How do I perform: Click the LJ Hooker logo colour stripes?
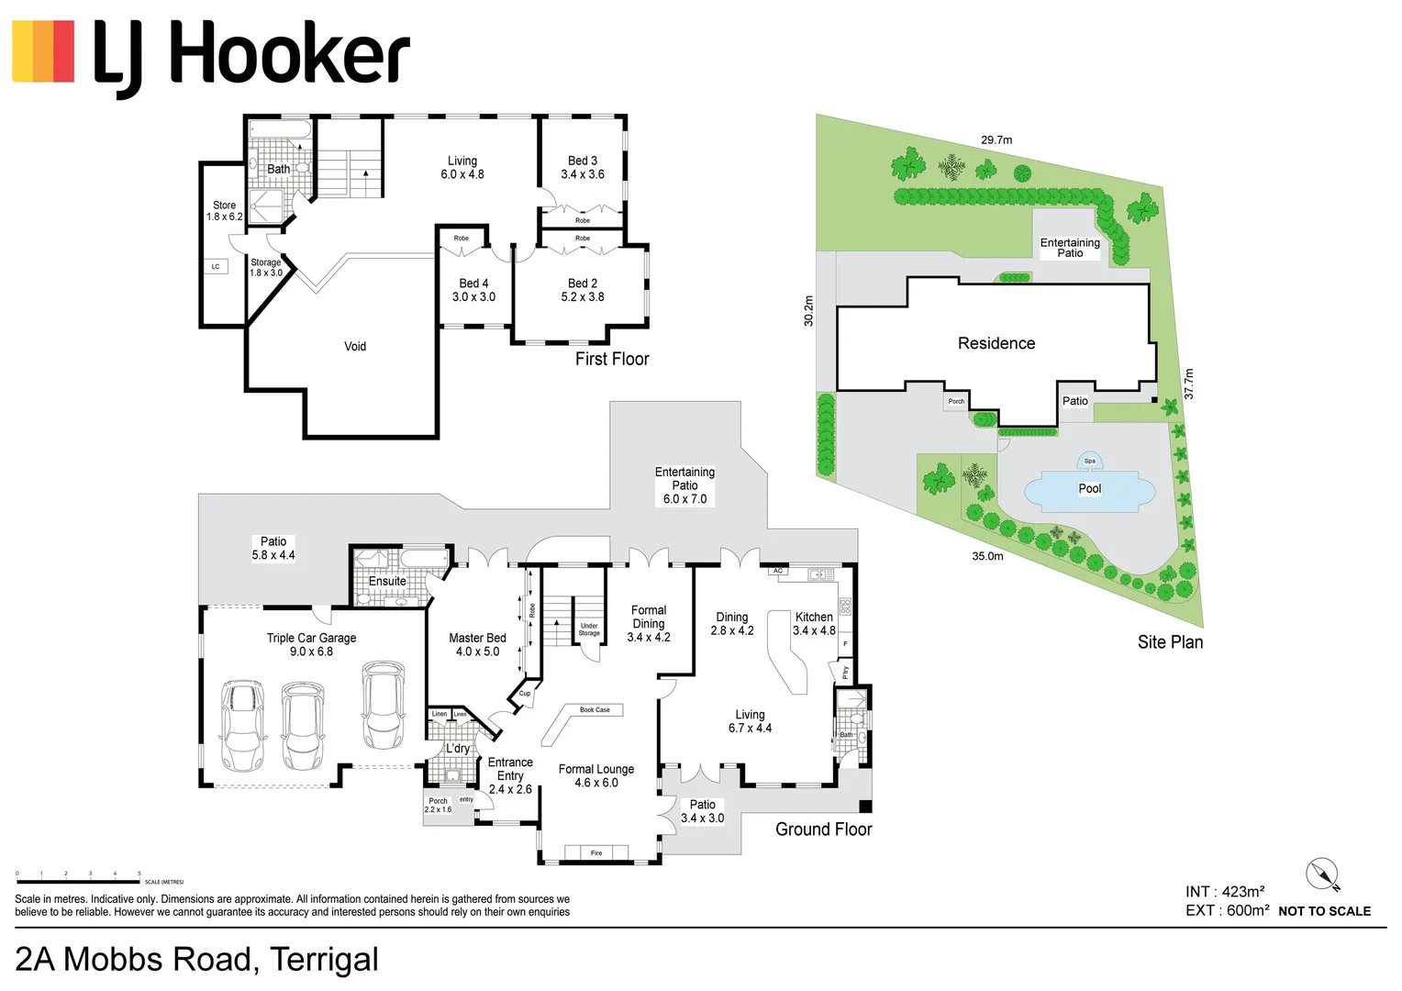43,51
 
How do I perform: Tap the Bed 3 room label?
583,167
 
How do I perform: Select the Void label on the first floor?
355,347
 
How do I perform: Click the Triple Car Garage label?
311,644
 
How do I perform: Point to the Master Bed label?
477,644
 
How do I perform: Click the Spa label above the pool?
1089,461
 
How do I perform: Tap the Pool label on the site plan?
1089,488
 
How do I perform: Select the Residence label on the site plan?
996,343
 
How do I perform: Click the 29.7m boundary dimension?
996,140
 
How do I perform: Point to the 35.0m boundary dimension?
987,556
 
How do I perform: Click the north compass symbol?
1323,874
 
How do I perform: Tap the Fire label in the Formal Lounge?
596,853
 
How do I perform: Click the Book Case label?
595,710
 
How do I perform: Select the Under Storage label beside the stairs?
589,629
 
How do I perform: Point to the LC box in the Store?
216,267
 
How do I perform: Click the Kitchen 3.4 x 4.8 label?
814,624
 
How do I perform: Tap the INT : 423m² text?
1225,892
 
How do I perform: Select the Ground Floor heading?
823,830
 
